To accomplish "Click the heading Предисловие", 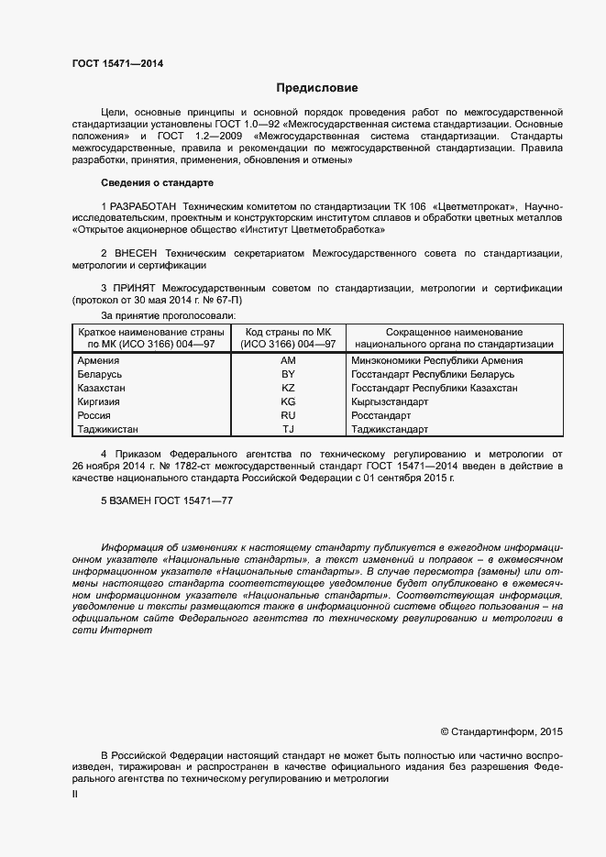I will point(317,88).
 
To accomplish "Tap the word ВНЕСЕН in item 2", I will point(138,252).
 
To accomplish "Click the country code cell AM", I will point(288,361).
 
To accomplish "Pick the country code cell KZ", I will point(288,388).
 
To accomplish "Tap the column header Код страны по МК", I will point(288,331).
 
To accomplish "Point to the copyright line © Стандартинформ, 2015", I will point(501,731).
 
